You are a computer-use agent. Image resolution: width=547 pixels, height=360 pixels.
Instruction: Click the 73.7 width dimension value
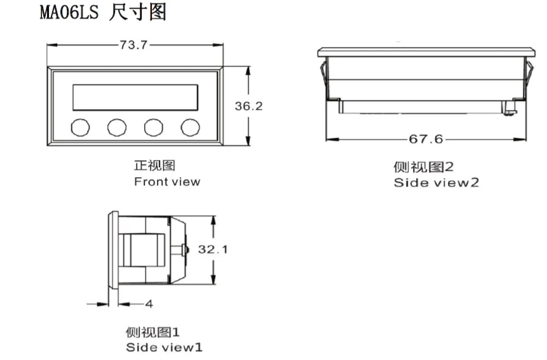133,45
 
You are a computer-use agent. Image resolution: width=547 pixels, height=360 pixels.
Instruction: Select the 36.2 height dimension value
248,107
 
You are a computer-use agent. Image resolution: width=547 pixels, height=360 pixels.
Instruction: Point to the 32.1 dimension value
212,250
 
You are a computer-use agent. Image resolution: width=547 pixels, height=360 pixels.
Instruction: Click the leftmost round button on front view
80,127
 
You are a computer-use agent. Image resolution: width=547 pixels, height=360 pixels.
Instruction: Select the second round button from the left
117,127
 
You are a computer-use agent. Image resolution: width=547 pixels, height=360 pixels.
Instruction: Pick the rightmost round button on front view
190,127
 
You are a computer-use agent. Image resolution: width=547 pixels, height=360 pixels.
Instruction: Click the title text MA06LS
69,13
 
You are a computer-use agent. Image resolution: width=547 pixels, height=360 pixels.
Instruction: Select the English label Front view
166,182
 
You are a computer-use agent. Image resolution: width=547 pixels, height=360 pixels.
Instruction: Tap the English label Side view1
164,347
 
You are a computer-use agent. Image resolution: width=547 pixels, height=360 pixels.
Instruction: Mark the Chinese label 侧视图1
152,332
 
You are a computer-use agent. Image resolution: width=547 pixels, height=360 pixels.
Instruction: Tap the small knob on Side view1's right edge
186,250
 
